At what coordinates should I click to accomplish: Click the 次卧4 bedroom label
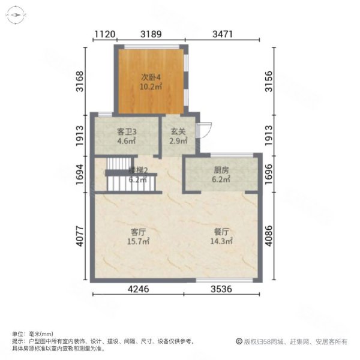tap(151, 77)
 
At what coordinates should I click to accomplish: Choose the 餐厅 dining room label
tap(222, 232)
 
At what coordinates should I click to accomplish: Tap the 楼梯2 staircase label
tap(137, 170)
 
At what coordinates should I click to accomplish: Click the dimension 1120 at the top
tap(104, 34)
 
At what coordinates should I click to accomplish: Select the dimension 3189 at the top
tap(151, 34)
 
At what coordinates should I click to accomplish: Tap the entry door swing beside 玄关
tap(205, 128)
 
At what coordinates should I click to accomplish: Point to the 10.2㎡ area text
tap(151, 86)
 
